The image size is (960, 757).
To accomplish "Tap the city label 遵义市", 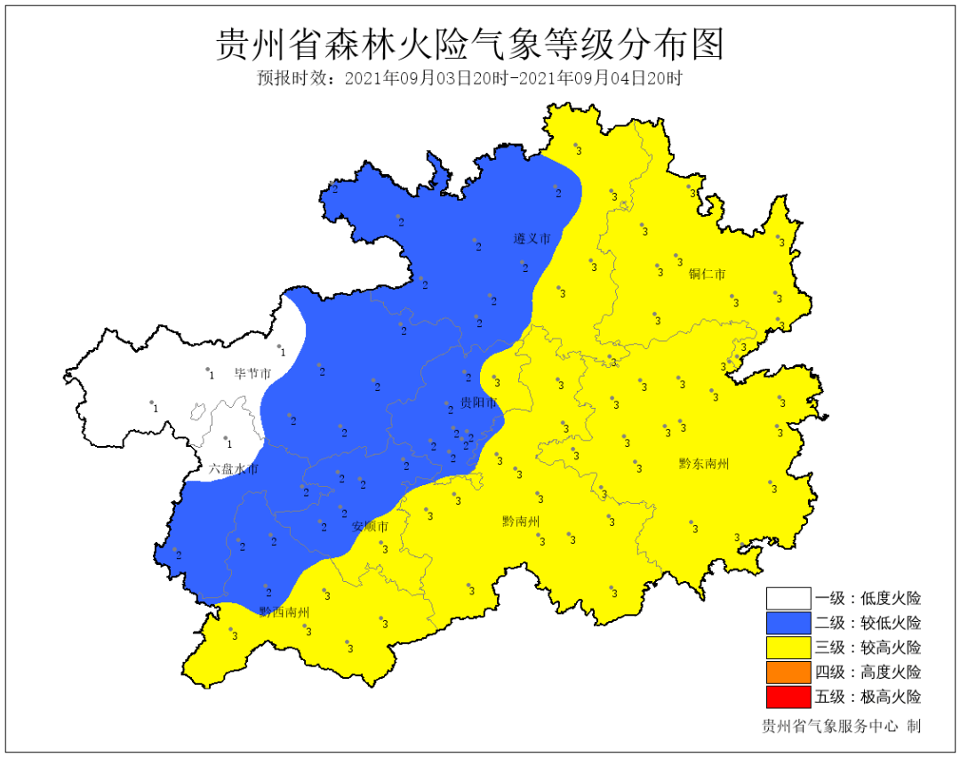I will click(x=532, y=239).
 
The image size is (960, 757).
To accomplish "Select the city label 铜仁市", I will click(x=707, y=274).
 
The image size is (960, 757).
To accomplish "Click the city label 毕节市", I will click(x=252, y=373).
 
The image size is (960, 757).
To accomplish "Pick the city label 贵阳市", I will click(x=477, y=403).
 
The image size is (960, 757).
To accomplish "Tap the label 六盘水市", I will click(x=234, y=468).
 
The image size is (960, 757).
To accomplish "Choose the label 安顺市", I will click(x=370, y=526).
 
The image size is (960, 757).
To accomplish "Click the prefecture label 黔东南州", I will click(x=703, y=463).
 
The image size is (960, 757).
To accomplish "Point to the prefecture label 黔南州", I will click(x=520, y=521).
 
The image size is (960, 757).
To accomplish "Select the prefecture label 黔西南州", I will click(x=284, y=612).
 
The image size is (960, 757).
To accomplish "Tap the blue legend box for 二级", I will click(x=788, y=623).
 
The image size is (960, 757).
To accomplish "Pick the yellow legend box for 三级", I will click(x=788, y=648).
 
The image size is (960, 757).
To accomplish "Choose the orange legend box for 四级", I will click(x=788, y=672).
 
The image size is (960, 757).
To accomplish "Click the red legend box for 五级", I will click(x=788, y=696).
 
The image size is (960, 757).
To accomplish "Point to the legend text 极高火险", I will click(x=890, y=696).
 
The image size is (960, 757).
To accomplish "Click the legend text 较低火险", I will click(x=890, y=623).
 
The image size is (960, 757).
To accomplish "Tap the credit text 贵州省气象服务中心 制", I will click(x=841, y=726).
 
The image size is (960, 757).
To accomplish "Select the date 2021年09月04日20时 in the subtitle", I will click(x=600, y=78).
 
